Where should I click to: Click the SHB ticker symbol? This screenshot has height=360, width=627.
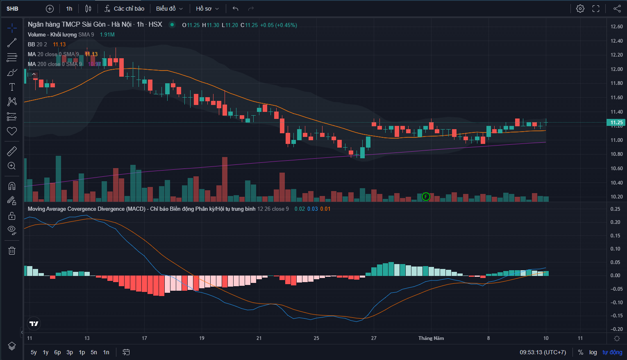(x=12, y=9)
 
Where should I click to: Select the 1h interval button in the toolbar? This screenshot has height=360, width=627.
(x=69, y=9)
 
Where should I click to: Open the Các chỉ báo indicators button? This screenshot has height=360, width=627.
(x=125, y=9)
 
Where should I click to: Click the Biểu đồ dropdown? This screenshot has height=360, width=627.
(x=169, y=9)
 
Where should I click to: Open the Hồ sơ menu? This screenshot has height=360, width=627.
(x=207, y=9)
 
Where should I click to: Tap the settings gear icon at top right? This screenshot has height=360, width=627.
(x=580, y=9)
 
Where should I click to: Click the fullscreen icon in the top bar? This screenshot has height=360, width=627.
(x=596, y=9)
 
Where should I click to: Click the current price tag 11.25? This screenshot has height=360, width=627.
(x=616, y=123)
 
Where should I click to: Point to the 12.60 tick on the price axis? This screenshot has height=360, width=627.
(x=616, y=27)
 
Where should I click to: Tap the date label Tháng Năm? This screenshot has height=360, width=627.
(x=431, y=338)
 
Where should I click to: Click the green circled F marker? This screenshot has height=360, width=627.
(x=426, y=197)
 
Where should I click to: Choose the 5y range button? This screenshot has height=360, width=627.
(x=34, y=352)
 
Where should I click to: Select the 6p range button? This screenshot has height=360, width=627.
(x=57, y=352)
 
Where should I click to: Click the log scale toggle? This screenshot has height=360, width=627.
(x=593, y=352)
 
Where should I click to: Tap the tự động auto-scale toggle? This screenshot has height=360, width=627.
(x=612, y=352)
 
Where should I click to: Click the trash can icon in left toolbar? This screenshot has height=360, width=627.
(x=12, y=251)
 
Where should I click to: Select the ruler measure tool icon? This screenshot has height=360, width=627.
(x=12, y=151)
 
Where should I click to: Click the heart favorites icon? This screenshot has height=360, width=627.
(x=12, y=131)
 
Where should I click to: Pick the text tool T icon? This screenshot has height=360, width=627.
(x=12, y=87)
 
